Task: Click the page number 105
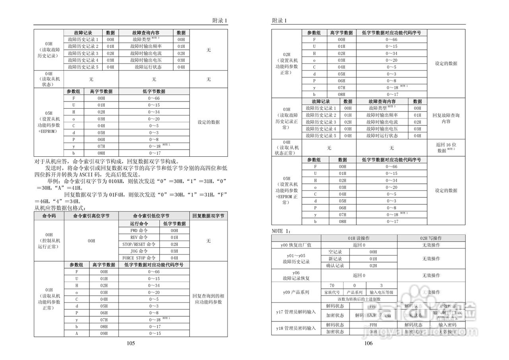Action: (x=131, y=343)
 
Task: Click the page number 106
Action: (x=369, y=343)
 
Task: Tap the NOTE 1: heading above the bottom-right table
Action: (x=282, y=231)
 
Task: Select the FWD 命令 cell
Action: (x=139, y=230)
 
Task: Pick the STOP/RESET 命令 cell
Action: (x=139, y=244)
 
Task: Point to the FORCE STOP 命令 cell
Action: (x=139, y=258)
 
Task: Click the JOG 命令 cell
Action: (x=139, y=251)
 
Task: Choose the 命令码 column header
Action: (x=49, y=216)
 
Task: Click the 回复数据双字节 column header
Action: (x=208, y=216)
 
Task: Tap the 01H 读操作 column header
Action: (x=359, y=238)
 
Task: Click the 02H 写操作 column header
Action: (x=431, y=238)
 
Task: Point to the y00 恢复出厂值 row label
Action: (x=296, y=245)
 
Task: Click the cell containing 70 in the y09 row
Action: (x=332, y=286)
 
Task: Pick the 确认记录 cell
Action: (x=335, y=265)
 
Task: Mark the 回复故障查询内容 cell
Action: (x=446, y=118)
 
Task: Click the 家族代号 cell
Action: (x=332, y=292)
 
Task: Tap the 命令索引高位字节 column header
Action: (x=91, y=216)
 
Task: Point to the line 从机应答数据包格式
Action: (x=60, y=208)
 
